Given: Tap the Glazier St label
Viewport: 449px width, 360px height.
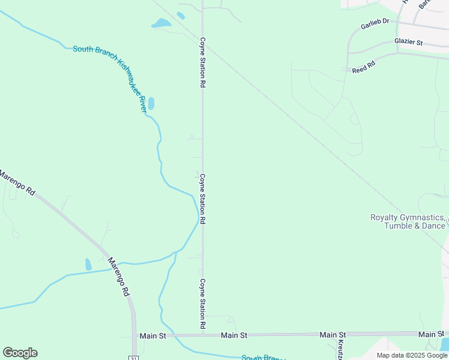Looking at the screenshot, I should pos(409,42).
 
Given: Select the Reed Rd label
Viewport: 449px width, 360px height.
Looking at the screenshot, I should pos(364,67).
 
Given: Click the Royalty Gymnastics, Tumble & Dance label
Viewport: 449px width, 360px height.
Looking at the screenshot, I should pos(408,221).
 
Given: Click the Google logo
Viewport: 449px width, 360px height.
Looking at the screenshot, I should pos(20,353).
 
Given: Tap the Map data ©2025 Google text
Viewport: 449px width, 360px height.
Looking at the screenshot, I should pos(412,355).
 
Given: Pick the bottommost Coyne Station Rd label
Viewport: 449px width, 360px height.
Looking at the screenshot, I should pos(203,303).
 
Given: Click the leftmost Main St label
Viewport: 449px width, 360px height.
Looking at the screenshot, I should pos(153,336).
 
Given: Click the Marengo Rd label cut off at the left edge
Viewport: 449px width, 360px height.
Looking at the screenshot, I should pos(17,183).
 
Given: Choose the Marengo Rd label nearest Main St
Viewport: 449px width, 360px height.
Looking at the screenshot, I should pos(118,277).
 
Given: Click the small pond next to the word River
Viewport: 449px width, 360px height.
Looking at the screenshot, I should pos(151,103).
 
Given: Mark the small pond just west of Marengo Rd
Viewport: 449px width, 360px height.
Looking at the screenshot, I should pos(88,264).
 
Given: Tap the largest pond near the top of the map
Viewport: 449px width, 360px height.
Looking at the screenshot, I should pos(161,23).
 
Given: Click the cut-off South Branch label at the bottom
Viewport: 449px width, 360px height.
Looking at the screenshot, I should pos(263,358).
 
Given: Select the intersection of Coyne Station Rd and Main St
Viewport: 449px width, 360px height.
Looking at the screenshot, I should pos(203,335).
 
